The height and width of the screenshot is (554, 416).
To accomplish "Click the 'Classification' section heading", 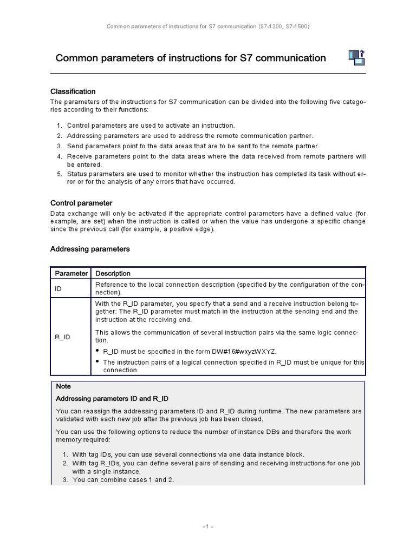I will click(x=73, y=91).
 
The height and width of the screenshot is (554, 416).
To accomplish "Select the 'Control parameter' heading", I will click(x=81, y=203).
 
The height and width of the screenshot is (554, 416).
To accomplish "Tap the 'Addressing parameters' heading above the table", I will click(x=90, y=249).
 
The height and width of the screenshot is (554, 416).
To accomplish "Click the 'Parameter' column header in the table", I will click(x=70, y=274).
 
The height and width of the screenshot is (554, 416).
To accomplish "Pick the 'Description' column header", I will click(x=113, y=274).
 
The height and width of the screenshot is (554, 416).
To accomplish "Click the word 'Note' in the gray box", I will click(x=63, y=387).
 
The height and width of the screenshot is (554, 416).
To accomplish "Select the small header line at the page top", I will click(x=208, y=25).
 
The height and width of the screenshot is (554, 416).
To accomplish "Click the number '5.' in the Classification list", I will click(x=60, y=174).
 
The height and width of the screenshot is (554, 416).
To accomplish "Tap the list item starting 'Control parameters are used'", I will click(x=151, y=126).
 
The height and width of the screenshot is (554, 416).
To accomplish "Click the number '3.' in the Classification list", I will click(x=60, y=146).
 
